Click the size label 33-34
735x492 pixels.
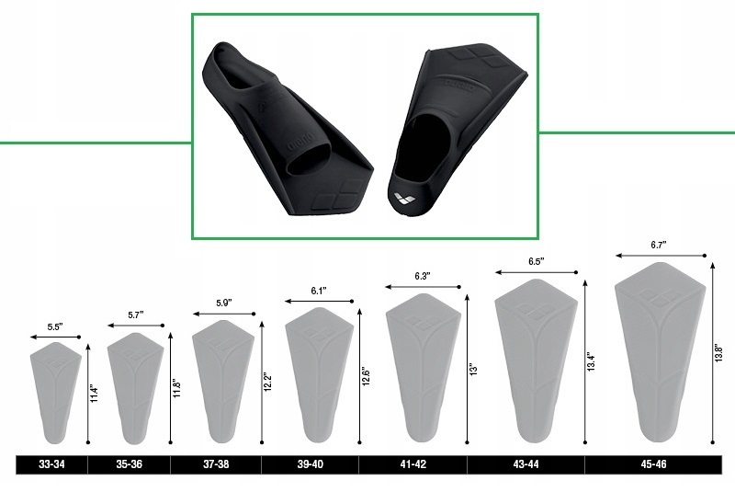[x=51, y=464]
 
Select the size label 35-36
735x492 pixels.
[x=129, y=464]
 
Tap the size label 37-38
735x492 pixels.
[x=216, y=464]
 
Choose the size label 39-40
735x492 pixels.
[x=310, y=464]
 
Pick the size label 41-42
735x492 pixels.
[x=413, y=464]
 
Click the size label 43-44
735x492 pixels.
[x=526, y=464]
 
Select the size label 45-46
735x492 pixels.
[x=653, y=464]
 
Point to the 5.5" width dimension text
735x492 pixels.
[x=55, y=327]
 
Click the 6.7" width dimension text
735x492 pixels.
[x=659, y=245]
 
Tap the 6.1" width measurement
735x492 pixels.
[x=319, y=291]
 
